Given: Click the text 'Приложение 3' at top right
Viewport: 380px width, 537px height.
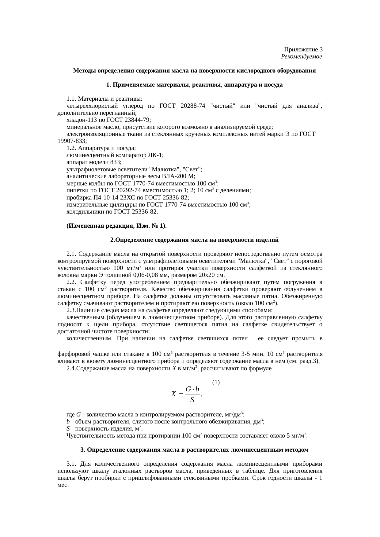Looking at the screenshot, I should [x=303, y=50].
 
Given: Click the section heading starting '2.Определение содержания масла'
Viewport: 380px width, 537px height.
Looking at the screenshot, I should [x=194, y=240].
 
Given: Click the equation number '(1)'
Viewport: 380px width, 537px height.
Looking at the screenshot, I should [x=216, y=382].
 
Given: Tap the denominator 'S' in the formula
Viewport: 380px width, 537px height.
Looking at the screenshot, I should [x=192, y=400].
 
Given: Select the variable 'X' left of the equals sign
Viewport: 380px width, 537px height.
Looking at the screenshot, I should [x=173, y=394].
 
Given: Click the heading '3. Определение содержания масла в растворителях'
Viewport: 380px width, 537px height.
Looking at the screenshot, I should [x=194, y=450].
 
